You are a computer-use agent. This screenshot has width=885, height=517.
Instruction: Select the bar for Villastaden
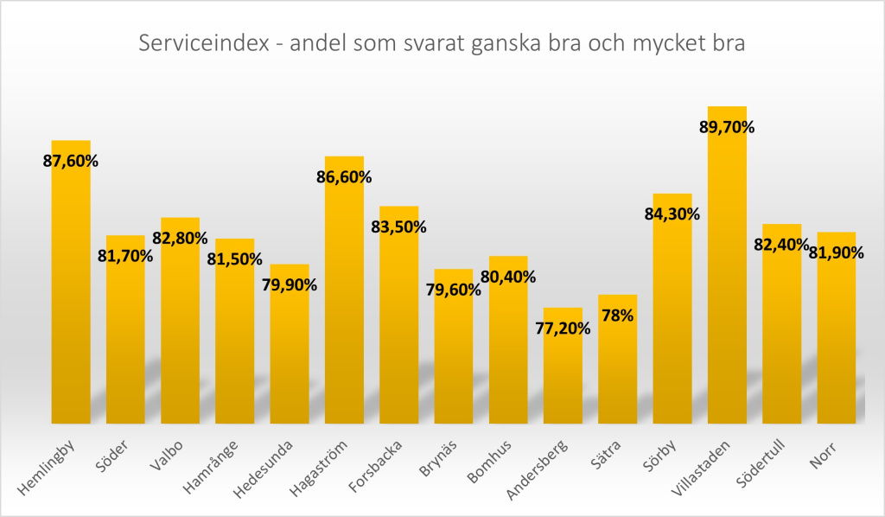[727, 277]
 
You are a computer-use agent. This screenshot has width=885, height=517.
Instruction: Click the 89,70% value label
[727, 127]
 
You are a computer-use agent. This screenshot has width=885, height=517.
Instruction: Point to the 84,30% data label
[672, 214]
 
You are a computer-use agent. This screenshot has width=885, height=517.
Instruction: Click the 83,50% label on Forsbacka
[398, 227]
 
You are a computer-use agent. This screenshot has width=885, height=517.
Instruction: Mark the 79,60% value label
[453, 290]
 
